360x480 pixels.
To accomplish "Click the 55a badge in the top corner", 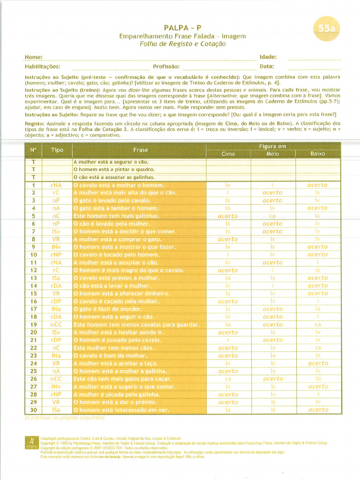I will tap(327, 28).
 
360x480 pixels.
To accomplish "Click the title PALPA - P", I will tap(182, 28).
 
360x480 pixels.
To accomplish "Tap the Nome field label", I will tap(33, 57).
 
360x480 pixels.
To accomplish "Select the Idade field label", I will tap(268, 57).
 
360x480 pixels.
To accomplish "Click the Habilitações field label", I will tap(42, 67).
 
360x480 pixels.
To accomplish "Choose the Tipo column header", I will tap(57, 150).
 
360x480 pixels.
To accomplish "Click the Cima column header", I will tap(228, 154).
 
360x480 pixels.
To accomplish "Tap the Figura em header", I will tap(273, 146).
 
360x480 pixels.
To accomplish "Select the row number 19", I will tap(33, 324).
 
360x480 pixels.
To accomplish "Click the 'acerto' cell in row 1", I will tap(317, 185).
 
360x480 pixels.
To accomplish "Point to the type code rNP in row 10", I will tap(57, 255).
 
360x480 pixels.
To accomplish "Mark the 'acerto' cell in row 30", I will tap(317, 410).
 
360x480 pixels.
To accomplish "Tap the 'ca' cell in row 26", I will tap(228, 379).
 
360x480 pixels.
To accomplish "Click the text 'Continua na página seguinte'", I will tap(65, 417).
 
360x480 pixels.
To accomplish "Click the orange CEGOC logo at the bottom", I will tap(31, 442).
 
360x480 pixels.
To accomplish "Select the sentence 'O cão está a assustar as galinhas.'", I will tap(114, 177).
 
